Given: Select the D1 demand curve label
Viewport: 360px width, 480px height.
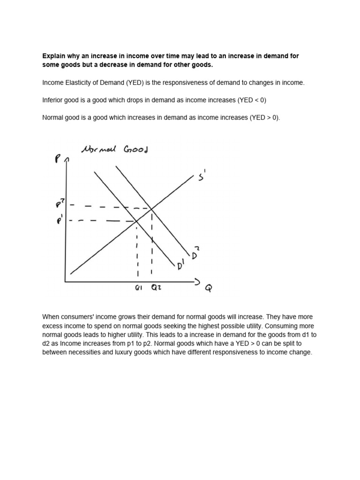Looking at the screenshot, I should click(x=180, y=266).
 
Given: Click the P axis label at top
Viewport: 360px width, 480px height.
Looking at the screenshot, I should click(x=58, y=159).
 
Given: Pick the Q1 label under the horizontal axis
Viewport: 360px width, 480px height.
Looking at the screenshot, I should click(x=138, y=288).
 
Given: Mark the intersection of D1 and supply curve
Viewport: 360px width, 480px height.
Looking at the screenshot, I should click(x=136, y=220).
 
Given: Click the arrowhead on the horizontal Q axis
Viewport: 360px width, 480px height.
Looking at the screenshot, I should click(x=197, y=282).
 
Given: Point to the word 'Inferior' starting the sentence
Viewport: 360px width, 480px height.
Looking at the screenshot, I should click(x=52, y=100).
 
